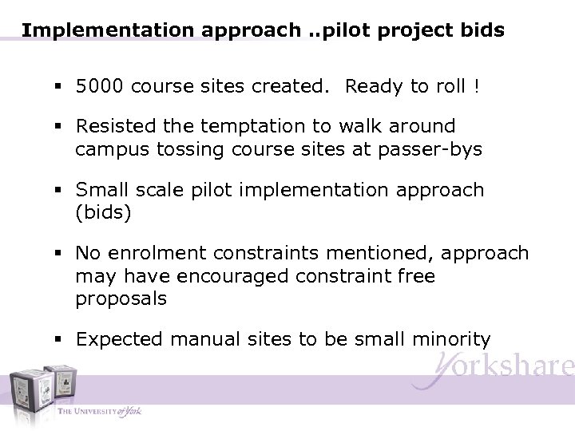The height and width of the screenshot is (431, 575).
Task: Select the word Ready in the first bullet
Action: coord(374,86)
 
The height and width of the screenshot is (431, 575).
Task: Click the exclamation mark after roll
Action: coord(476,86)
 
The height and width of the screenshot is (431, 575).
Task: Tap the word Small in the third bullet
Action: coord(101,190)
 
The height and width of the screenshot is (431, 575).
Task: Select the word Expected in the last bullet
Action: coord(116,338)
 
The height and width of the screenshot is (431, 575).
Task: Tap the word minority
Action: coord(452,338)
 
